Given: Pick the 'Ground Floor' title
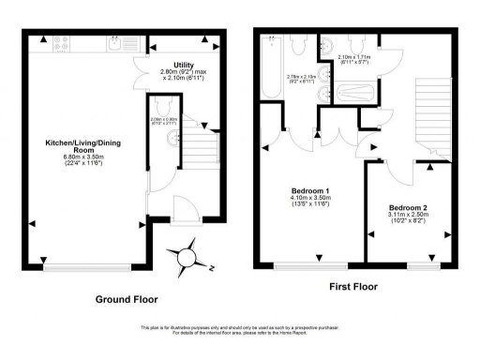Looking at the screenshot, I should pyautogui.click(x=127, y=299).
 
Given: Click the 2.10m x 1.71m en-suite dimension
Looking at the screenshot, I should pyautogui.click(x=353, y=58).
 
